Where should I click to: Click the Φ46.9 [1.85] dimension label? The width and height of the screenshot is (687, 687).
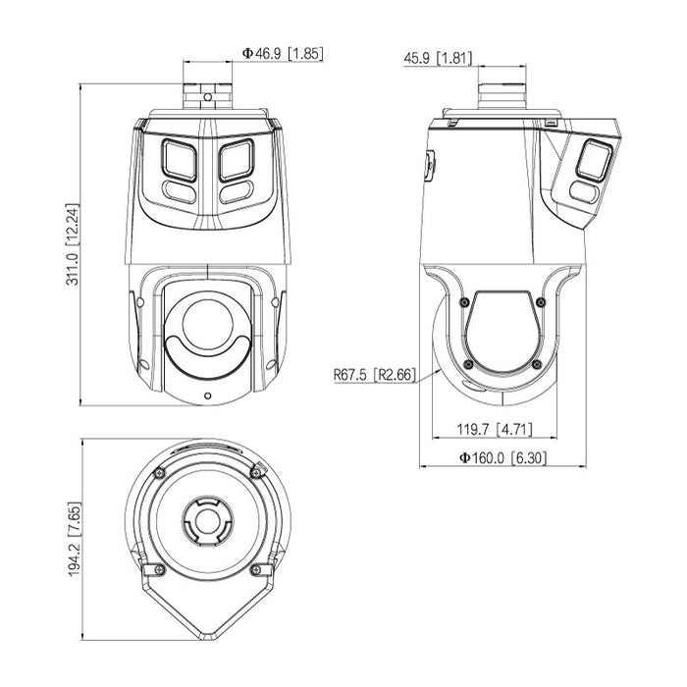[281, 54]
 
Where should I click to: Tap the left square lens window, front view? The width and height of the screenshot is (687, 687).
[178, 159]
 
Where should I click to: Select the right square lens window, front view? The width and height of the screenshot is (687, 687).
[236, 159]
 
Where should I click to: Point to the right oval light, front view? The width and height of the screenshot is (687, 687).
[236, 193]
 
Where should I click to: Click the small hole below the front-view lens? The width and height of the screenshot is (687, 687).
[206, 396]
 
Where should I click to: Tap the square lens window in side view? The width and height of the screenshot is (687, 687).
[594, 160]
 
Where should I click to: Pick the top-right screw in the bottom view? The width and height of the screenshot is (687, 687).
[256, 474]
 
